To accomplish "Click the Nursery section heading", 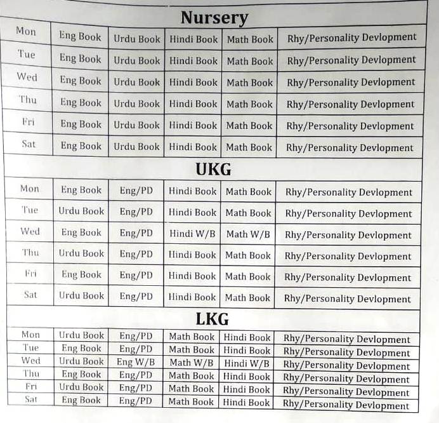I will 214,17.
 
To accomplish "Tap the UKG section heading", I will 213,170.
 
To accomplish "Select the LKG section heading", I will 212,318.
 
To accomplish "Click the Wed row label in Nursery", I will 27,77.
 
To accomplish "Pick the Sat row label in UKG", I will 30,295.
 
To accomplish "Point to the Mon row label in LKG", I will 30,335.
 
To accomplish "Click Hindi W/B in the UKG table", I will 192,234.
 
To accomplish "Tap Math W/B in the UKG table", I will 248,234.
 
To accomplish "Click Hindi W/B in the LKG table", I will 247,363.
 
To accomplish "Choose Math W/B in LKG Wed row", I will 191,363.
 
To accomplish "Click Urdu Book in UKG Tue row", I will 81,211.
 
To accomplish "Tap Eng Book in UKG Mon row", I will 81,190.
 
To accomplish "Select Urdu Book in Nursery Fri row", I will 136,125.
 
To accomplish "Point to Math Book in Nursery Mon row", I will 250,39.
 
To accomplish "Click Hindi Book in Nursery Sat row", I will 193,147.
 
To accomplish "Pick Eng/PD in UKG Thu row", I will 136,254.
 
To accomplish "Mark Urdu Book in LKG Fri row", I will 81,387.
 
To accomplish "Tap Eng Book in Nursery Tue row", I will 81,58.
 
